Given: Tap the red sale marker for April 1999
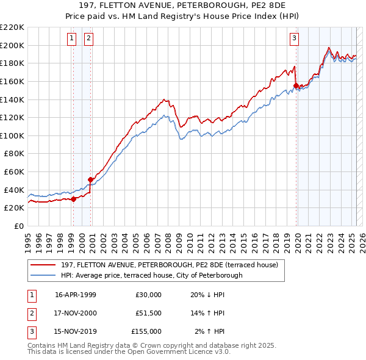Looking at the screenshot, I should click(x=73, y=198).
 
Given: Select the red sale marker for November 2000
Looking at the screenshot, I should click(x=90, y=179).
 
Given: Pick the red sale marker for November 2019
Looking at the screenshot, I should click(x=296, y=86).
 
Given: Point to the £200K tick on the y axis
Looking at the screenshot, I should click(x=12, y=45).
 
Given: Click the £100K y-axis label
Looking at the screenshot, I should click(x=12, y=135).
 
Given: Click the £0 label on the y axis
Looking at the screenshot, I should click(x=18, y=226).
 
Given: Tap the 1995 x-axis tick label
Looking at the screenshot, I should click(x=28, y=239).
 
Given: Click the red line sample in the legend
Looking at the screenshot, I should click(x=44, y=265).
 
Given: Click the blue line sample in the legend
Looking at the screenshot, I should click(x=44, y=275).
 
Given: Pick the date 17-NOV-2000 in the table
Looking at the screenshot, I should click(x=76, y=313).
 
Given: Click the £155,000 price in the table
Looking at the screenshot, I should click(x=146, y=331).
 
